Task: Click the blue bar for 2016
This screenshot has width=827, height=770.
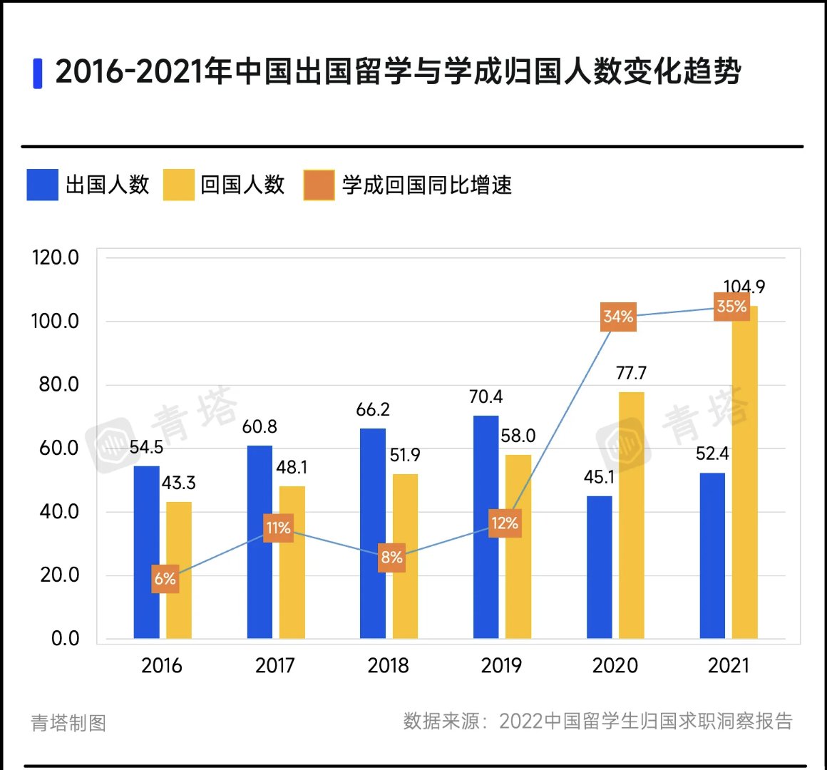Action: click(146, 552)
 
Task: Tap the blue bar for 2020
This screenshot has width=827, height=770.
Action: click(599, 567)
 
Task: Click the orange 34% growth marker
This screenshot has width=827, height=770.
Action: click(618, 317)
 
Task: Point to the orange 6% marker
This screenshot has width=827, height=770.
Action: click(165, 579)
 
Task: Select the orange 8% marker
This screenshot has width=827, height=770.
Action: click(391, 558)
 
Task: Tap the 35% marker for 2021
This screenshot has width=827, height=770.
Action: click(731, 307)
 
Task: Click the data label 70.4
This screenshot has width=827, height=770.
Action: click(486, 397)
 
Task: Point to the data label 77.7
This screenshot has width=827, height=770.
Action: click(631, 374)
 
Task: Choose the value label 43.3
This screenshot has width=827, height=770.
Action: click(178, 483)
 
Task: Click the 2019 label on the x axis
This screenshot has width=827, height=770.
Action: click(501, 666)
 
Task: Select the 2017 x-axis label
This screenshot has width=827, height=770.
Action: click(274, 666)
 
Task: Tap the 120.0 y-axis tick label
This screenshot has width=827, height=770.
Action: click(55, 258)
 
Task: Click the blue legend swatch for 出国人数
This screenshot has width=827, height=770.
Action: click(42, 185)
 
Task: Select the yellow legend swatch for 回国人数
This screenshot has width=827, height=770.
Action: click(178, 185)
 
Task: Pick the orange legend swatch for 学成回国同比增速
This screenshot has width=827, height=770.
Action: click(319, 185)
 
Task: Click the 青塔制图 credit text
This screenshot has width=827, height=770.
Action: click(68, 723)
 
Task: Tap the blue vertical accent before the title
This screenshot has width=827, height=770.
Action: click(38, 73)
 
